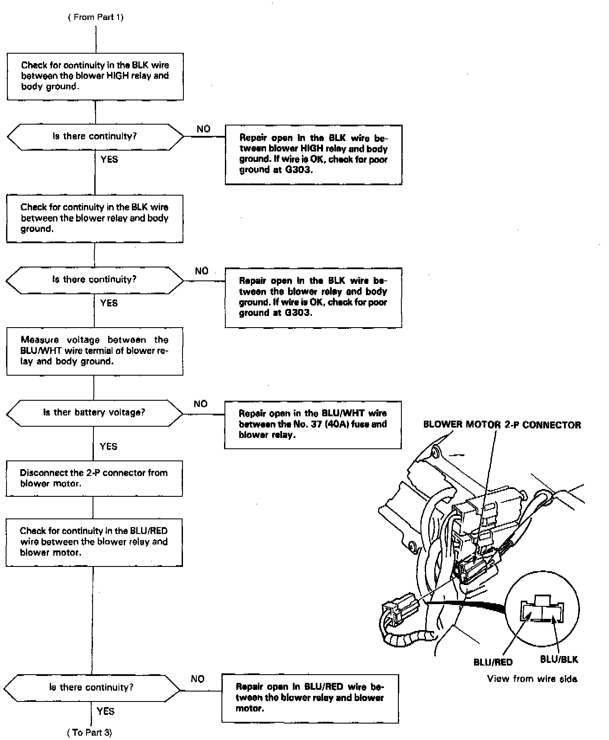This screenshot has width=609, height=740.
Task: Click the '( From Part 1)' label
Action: (x=96, y=17)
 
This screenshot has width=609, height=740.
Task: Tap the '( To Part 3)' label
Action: (x=90, y=732)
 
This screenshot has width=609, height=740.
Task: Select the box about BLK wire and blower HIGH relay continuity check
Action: (x=95, y=76)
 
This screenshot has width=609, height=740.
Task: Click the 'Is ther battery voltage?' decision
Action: (x=94, y=412)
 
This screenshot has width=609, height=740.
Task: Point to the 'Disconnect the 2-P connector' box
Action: (x=94, y=478)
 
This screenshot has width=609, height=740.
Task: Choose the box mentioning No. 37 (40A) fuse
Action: (x=313, y=424)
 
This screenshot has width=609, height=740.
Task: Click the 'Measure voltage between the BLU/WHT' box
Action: (x=94, y=351)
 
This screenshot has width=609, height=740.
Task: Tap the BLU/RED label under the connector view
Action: (x=493, y=662)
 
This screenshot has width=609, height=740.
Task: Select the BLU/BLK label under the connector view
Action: (x=559, y=660)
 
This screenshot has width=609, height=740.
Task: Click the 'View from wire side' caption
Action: (x=532, y=679)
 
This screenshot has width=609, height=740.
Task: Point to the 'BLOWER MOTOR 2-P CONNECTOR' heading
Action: (x=502, y=425)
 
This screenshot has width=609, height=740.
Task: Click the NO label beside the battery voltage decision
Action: (x=201, y=404)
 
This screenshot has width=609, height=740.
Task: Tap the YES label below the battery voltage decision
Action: (x=109, y=446)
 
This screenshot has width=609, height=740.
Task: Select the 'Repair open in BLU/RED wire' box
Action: (x=310, y=698)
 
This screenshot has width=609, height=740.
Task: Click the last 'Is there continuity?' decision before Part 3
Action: (x=92, y=687)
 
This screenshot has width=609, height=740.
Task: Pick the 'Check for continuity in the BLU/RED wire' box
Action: (x=94, y=542)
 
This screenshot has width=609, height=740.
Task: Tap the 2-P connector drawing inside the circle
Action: (x=542, y=610)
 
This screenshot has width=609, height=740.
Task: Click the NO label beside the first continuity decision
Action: (x=203, y=129)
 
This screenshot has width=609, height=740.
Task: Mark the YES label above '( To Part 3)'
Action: (x=106, y=711)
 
